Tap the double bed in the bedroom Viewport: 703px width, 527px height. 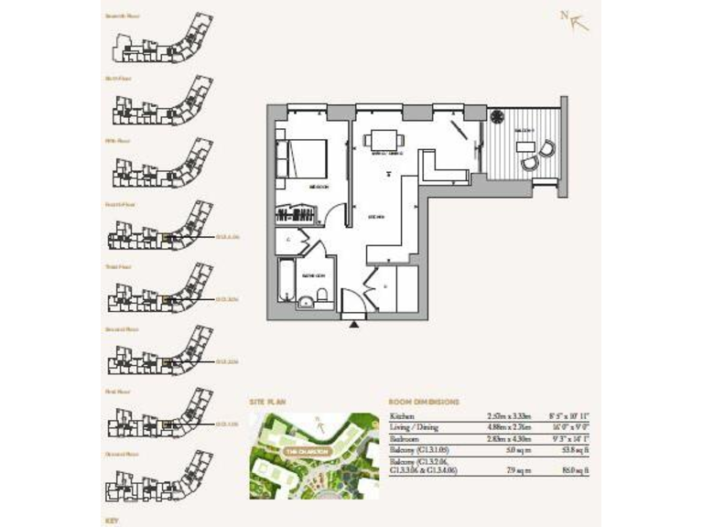pos(306,156)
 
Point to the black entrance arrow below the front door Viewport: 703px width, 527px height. pos(354,321)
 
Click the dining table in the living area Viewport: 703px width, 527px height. pos(384,141)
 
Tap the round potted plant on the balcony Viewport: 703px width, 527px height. pos(496,117)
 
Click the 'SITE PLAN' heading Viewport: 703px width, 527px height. pos(269,402)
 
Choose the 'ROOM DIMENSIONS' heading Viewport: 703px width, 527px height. pos(425,402)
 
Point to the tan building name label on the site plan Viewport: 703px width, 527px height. pos(301,451)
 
